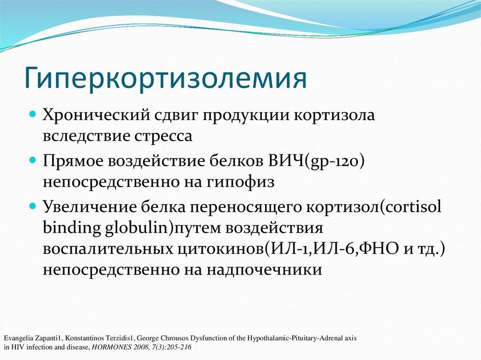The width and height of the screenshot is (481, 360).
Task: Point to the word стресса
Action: tap(160, 136)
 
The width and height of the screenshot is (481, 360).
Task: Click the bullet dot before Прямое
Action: tap(33, 160)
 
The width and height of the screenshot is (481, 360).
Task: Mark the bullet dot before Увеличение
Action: tap(33, 206)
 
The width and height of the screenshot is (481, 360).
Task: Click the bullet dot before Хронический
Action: tap(33, 114)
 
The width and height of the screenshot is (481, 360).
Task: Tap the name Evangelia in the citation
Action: tap(17, 338)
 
